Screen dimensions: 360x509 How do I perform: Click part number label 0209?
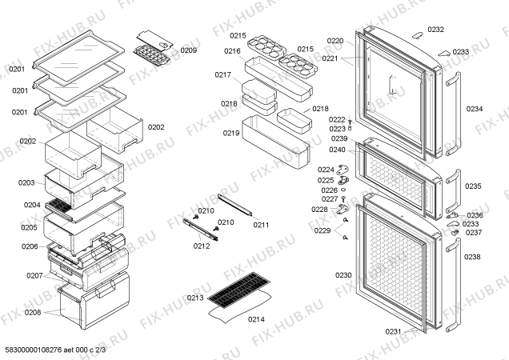coord(188,50)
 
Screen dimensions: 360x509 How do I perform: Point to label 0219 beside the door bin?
coord(232,133)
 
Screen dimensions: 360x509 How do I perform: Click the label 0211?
coord(262,225)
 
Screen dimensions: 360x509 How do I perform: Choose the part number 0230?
coord(343,275)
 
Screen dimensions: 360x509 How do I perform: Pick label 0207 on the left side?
coord(34,275)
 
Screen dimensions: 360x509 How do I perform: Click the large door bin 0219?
coord(276,138)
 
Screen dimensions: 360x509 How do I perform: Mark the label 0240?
coord(337,150)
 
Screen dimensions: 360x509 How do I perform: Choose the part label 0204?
coord(31,205)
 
